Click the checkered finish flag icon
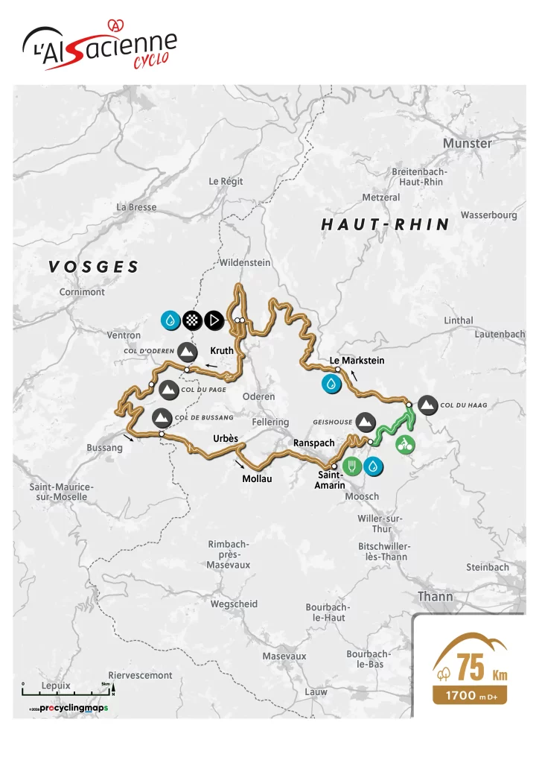[x=192, y=320]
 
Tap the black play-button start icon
[x=214, y=320]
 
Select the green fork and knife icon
[x=352, y=467]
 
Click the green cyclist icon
[x=406, y=445]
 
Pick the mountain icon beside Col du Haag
[x=427, y=405]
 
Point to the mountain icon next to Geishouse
[x=365, y=422]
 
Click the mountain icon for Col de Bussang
[x=161, y=417]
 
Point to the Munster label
[x=467, y=143]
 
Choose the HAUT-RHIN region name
[x=385, y=224]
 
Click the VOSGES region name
[x=94, y=267]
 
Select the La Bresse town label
[x=136, y=207]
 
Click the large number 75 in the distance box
[x=471, y=668]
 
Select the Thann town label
[x=435, y=597]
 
